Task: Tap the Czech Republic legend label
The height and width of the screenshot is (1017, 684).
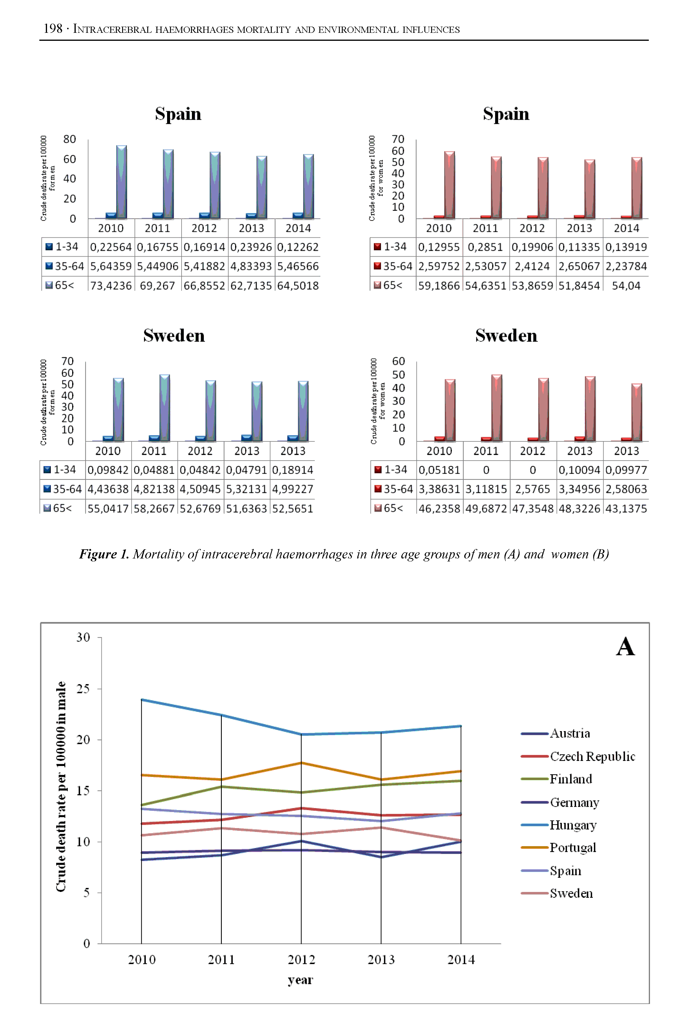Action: pyautogui.click(x=592, y=756)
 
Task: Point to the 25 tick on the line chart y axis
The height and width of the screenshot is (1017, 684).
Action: pyautogui.click(x=83, y=689)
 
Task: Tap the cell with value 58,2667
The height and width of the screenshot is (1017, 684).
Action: pyautogui.click(x=154, y=508)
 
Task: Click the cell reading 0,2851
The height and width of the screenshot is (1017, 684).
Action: pyautogui.click(x=485, y=247)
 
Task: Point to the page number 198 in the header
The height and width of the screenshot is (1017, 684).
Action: pyautogui.click(x=53, y=29)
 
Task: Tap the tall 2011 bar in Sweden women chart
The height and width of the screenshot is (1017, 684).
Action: pyautogui.click(x=497, y=408)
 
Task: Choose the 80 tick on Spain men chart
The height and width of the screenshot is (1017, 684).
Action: pyautogui.click(x=69, y=139)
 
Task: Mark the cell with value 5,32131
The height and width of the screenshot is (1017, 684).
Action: pyautogui.click(x=246, y=489)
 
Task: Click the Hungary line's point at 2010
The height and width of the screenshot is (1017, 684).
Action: pyautogui.click(x=141, y=699)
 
